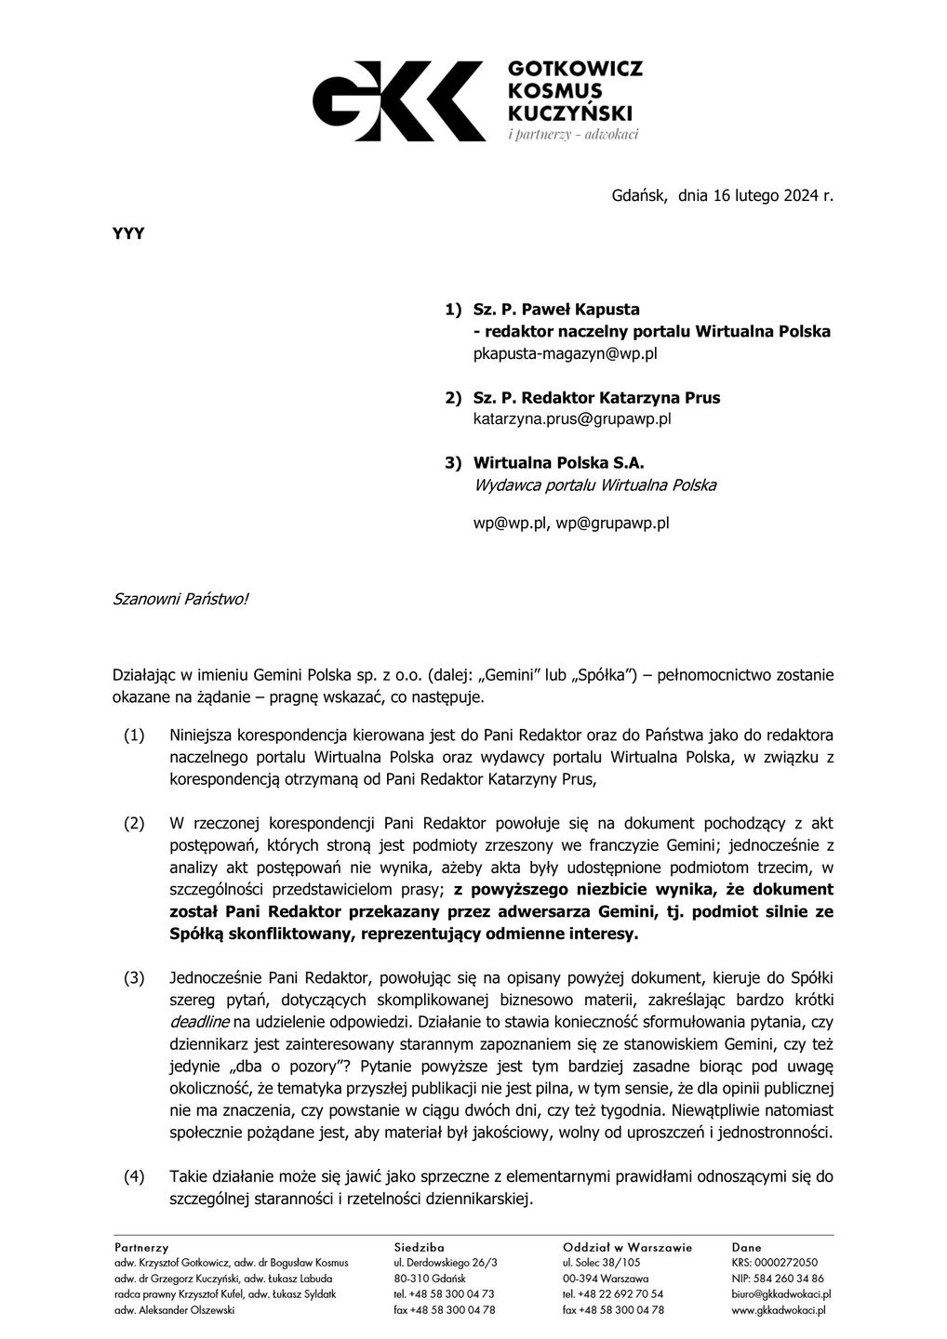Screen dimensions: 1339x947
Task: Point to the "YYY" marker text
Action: (x=128, y=233)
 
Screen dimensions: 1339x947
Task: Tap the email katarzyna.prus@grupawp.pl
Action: (x=572, y=418)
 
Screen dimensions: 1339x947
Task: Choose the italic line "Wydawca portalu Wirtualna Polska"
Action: (x=594, y=484)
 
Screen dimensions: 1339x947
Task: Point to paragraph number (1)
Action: (x=135, y=736)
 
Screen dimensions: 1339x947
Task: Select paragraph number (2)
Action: (x=135, y=823)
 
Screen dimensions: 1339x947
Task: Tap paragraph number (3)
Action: (x=135, y=977)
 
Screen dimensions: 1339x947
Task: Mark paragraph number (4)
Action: (x=135, y=1177)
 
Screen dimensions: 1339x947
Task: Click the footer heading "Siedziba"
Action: (x=419, y=1247)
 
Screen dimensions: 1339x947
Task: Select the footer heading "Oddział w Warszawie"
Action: (x=627, y=1247)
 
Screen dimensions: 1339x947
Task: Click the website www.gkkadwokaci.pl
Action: (x=780, y=1310)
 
